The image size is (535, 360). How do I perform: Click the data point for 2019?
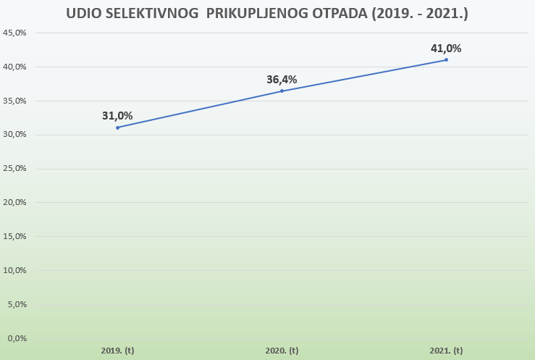[x=117, y=127]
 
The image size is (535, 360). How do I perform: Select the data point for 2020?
[x=282, y=91]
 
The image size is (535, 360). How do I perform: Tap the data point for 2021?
[x=446, y=59]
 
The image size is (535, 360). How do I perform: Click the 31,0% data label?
[x=117, y=116]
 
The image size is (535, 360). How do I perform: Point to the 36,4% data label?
[x=282, y=80]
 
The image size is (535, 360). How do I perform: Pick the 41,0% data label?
[x=446, y=49]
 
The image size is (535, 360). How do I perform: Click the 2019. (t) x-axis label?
[x=117, y=351]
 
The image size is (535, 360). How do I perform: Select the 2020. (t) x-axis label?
[x=282, y=351]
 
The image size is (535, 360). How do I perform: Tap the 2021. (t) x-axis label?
[x=446, y=351]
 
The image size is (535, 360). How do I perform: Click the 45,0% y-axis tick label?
[x=15, y=33]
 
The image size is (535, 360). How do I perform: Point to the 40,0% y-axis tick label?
[x=15, y=67]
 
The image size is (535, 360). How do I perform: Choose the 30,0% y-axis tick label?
[x=15, y=135]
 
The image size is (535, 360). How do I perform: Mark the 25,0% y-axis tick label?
[x=15, y=169]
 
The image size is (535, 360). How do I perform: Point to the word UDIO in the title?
[x=80, y=14]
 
